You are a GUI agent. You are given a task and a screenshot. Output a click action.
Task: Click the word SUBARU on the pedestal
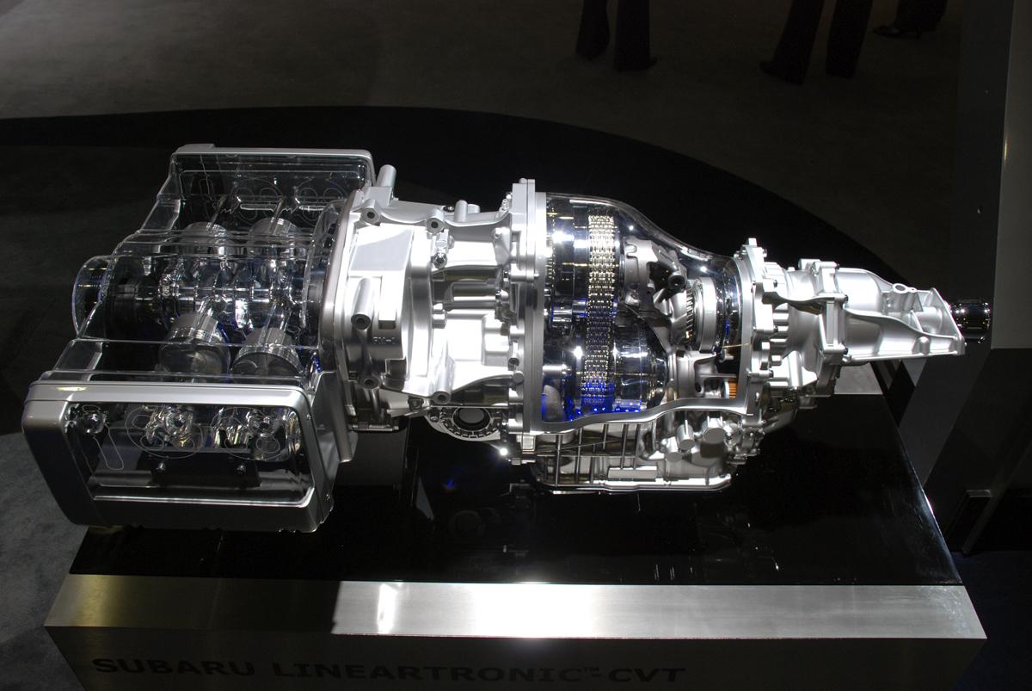click(172, 667)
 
